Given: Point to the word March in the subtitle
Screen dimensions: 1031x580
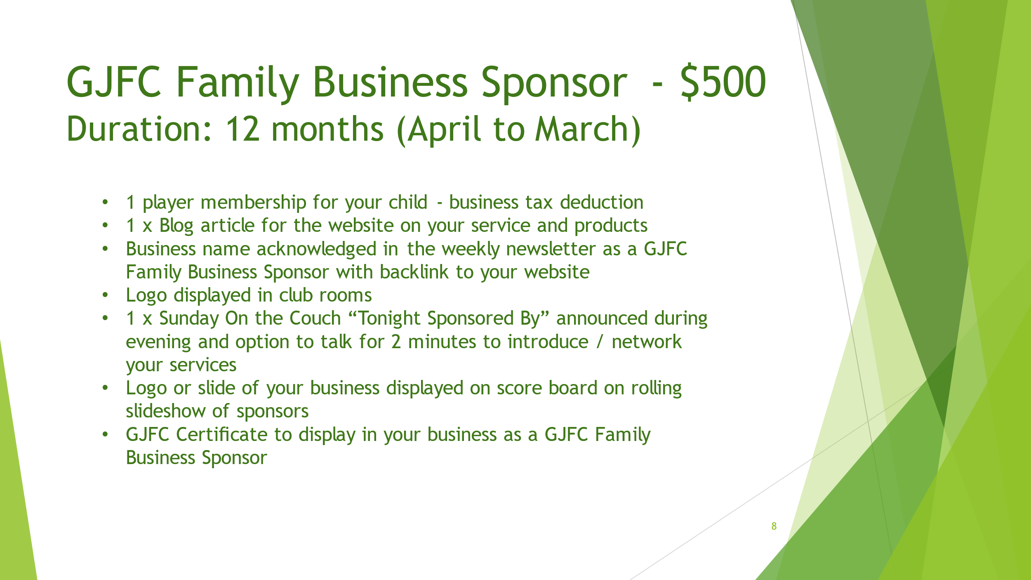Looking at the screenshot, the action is pos(581,129).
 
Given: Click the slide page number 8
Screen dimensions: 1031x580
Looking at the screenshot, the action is pos(774,526).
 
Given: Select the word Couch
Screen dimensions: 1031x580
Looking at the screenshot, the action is pos(315,318).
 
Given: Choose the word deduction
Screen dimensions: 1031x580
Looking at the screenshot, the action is pos(602,202).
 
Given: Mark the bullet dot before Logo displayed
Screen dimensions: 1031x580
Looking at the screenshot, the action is pos(105,295).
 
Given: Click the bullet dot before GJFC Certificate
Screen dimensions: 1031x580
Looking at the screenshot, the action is pos(105,434).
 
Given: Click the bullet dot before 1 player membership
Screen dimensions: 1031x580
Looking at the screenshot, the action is pos(105,202).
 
